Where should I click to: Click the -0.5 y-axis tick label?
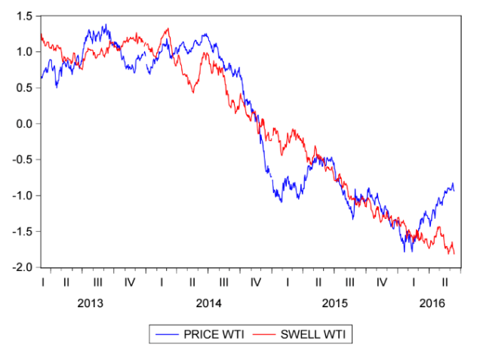(x=20, y=159)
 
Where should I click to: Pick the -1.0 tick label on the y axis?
(x=20, y=195)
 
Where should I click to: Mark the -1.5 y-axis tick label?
(x=20, y=231)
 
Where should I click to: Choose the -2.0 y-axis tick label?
(x=20, y=267)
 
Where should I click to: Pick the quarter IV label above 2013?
(x=130, y=282)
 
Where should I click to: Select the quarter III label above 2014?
(x=224, y=282)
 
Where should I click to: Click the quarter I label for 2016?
(x=414, y=282)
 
